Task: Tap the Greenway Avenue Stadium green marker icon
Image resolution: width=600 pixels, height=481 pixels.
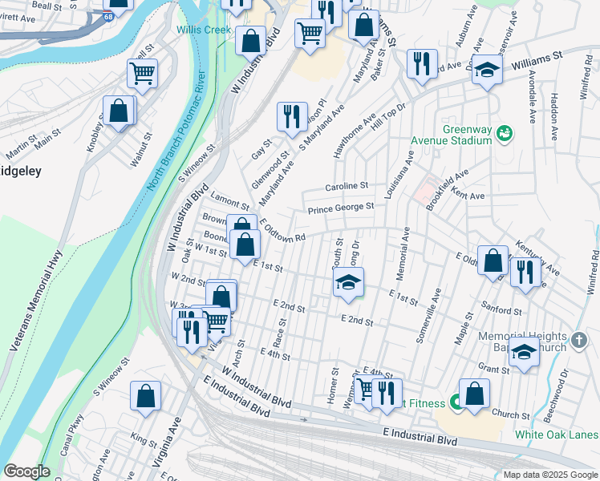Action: (505, 131)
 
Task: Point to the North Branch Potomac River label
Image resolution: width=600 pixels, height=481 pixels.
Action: (178, 128)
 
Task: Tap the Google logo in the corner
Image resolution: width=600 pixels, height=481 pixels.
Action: (26, 471)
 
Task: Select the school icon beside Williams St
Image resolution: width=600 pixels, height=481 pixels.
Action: (486, 69)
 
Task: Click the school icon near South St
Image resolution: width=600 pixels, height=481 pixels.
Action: (348, 281)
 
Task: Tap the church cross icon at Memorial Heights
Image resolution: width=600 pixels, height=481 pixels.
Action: (581, 342)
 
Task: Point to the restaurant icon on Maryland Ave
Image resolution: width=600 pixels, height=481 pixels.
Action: (292, 115)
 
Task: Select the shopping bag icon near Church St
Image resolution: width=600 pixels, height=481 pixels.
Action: (474, 394)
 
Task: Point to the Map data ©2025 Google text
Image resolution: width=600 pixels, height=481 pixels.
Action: (549, 474)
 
